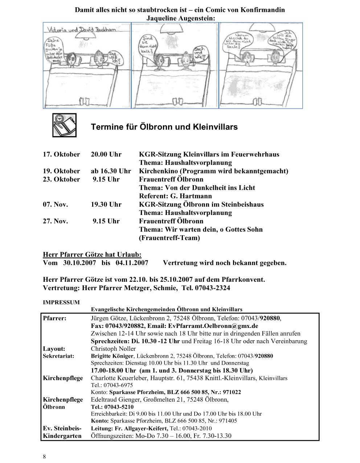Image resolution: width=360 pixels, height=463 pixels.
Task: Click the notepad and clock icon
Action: [x=64, y=125]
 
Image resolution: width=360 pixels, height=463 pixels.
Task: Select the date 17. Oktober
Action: [x=61, y=154]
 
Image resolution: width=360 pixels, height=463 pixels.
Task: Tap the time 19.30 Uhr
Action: [x=106, y=204]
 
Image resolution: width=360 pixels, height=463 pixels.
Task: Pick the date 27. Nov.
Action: [x=55, y=221]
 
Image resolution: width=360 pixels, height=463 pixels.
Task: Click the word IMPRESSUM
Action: [x=61, y=302]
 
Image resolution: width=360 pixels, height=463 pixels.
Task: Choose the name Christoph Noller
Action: [x=113, y=349]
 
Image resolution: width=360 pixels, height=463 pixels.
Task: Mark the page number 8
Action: [x=44, y=456]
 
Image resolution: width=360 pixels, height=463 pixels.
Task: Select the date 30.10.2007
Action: [x=79, y=263]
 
